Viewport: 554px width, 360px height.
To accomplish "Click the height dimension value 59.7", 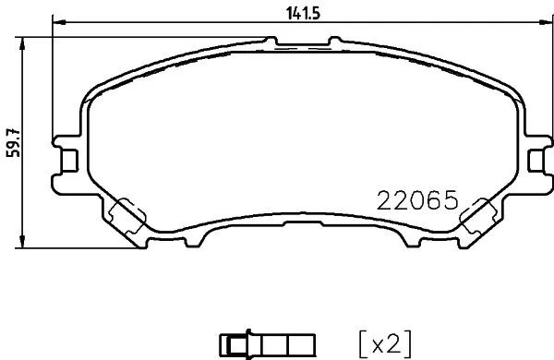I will point(12,143).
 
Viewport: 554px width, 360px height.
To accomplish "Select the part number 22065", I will point(417,199).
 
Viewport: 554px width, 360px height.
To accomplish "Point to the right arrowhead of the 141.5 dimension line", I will point(542,22).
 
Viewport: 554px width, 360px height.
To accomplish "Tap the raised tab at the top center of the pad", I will point(301,43).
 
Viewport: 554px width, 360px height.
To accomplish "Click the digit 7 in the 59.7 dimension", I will point(12,129).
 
